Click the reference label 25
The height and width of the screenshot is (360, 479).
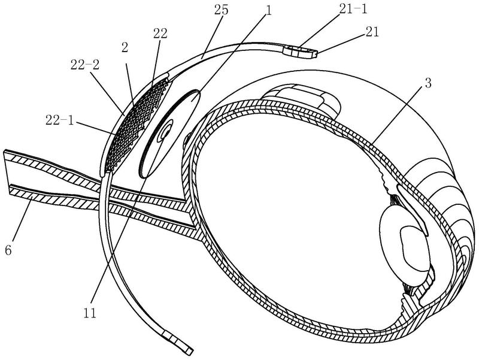click(x=222, y=10)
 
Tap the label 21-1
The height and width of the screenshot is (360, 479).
click(x=353, y=9)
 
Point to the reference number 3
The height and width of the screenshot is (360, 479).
click(x=428, y=83)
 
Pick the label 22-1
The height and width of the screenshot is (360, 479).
click(x=60, y=120)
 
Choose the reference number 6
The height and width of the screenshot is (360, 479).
click(x=8, y=250)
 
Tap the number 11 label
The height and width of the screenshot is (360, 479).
click(x=90, y=313)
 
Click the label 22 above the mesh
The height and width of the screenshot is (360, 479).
click(x=160, y=34)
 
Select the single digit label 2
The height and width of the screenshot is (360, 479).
click(x=125, y=48)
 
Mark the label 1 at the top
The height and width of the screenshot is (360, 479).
click(x=268, y=11)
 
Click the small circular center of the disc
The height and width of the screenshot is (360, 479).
click(x=166, y=133)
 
